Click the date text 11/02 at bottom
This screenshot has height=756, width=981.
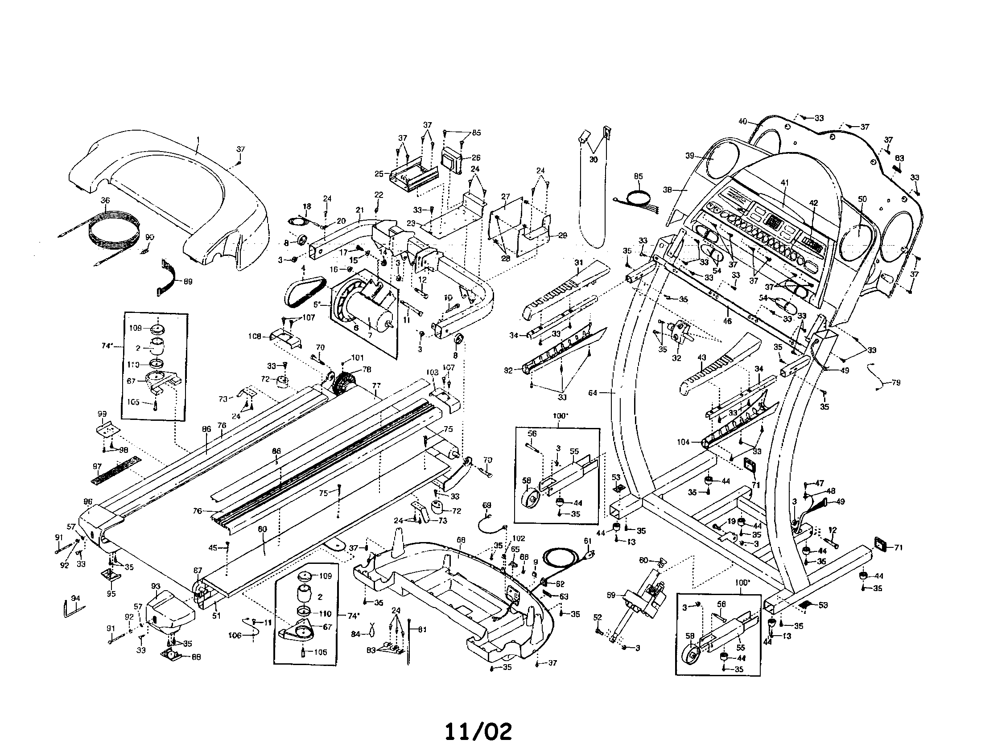tap(478, 732)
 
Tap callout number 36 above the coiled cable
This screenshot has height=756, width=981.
tap(105, 201)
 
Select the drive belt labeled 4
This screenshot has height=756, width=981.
tap(301, 292)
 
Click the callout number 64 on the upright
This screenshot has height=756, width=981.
tap(593, 393)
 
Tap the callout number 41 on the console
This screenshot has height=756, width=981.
tap(784, 183)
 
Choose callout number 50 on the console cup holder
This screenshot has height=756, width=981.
tap(862, 199)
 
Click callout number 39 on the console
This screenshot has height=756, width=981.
tap(690, 156)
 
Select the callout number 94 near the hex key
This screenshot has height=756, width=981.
tap(75, 598)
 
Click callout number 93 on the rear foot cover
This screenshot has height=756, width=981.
tap(156, 586)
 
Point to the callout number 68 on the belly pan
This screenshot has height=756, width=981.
tap(461, 541)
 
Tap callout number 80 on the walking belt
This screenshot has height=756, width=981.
tap(262, 529)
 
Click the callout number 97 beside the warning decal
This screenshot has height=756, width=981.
tap(97, 467)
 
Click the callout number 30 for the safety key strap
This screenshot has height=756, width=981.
tap(594, 160)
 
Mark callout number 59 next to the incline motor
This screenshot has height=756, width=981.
tap(611, 596)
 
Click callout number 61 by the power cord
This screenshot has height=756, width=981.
tap(587, 541)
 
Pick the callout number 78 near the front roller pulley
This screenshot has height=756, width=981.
tap(367, 370)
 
